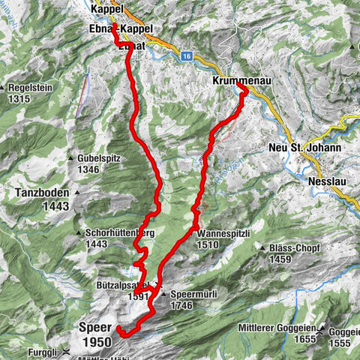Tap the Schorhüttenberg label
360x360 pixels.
(x=120, y=233)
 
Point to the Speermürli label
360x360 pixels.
(x=193, y=295)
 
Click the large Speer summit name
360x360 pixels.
(x=94, y=328)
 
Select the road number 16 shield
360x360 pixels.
(x=186, y=55)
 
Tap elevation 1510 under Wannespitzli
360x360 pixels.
(x=209, y=244)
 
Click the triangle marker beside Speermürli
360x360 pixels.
(x=163, y=295)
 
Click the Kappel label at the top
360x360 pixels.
(x=107, y=9)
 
